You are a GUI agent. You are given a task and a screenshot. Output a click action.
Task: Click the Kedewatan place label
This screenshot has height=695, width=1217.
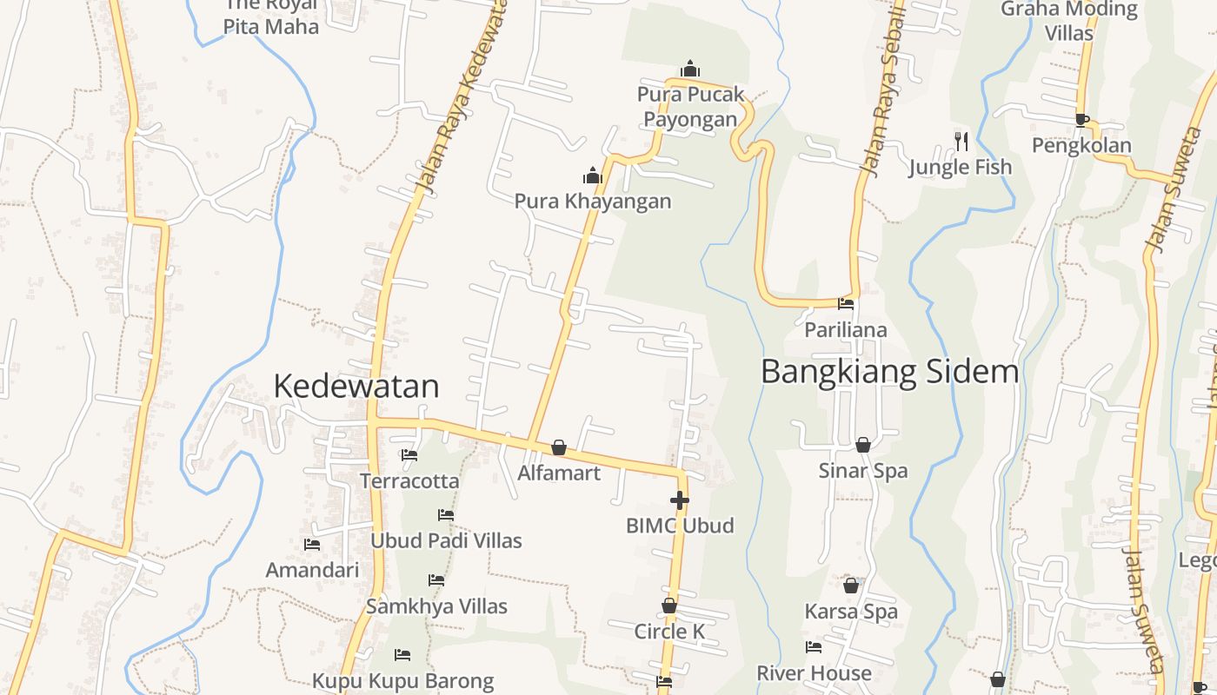356,386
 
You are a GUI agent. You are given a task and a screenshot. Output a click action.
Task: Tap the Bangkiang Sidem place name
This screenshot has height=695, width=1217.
889,371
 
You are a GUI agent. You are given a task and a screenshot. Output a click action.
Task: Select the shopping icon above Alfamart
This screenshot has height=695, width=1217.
559,447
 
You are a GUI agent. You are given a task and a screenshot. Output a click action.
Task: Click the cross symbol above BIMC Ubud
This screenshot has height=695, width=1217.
680,500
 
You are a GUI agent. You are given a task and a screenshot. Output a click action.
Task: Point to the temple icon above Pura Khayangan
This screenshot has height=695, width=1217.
593,176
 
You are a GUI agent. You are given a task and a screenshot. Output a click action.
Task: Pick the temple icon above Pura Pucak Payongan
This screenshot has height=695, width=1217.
690,69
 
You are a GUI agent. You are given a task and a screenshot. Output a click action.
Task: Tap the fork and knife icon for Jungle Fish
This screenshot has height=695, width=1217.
961,141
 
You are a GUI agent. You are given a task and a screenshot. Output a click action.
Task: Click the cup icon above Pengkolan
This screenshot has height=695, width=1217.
1081,120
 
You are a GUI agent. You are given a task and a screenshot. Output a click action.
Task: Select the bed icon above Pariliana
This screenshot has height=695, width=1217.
846,304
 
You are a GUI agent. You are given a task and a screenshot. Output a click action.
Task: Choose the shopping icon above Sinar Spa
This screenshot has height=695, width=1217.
863,445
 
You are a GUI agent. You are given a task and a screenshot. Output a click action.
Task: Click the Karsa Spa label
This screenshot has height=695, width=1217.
851,612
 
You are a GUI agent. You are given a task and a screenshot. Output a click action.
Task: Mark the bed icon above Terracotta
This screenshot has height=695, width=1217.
409,454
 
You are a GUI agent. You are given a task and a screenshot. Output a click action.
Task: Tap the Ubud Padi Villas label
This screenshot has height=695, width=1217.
446,540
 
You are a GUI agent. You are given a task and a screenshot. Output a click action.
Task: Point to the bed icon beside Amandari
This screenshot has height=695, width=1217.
312,545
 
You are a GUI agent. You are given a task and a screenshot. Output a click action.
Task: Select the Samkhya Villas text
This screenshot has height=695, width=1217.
436,606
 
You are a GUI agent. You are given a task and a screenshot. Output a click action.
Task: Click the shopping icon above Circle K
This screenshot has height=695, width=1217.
669,606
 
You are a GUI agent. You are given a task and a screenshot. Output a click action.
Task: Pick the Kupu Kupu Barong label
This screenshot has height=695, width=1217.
402,681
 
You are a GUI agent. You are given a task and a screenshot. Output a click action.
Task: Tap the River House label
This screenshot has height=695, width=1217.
814,673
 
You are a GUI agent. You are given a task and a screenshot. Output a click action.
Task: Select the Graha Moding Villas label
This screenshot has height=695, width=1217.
1069,21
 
